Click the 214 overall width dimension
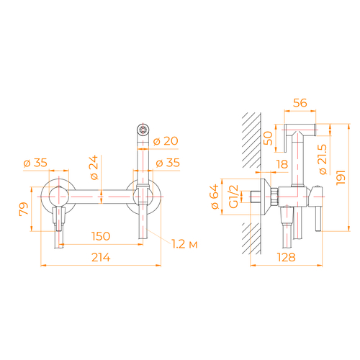click(x=101, y=258)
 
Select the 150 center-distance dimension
click(x=101, y=236)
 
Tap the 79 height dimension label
click(x=24, y=210)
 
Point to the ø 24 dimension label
click(x=94, y=167)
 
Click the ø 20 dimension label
click(x=166, y=141)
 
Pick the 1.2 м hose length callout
click(x=184, y=244)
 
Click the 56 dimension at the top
click(x=300, y=103)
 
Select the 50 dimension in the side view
click(x=268, y=138)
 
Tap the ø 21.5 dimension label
click(x=323, y=159)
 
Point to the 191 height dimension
click(x=341, y=178)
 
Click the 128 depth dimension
click(x=287, y=258)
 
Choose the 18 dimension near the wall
click(x=282, y=164)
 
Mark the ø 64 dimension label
click(x=215, y=197)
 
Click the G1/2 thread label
click(x=233, y=197)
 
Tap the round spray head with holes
click(x=143, y=130)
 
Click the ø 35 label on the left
click(x=35, y=163)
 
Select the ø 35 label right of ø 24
click(x=168, y=163)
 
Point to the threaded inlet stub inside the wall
click(x=256, y=197)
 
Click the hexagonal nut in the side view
click(x=274, y=197)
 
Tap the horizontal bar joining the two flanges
click(x=101, y=197)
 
